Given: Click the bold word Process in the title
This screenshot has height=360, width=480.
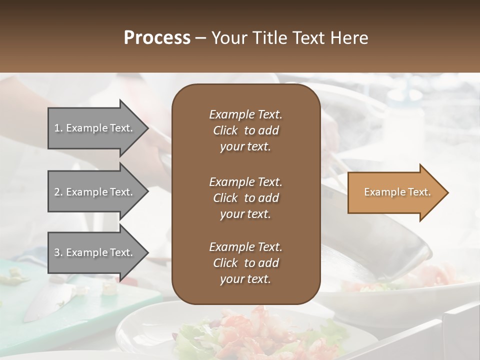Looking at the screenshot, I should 156,37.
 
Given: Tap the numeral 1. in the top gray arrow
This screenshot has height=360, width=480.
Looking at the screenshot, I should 58,128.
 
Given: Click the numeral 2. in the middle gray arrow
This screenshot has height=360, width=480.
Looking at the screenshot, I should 58,192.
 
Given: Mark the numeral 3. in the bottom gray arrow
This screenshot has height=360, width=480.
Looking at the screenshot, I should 58,252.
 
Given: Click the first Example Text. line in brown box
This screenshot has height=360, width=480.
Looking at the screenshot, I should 245,114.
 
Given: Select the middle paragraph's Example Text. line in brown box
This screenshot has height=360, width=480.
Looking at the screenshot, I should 245,181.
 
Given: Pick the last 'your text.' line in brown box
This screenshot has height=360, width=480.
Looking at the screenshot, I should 245,279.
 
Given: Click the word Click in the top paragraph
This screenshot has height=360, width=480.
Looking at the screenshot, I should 225,130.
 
